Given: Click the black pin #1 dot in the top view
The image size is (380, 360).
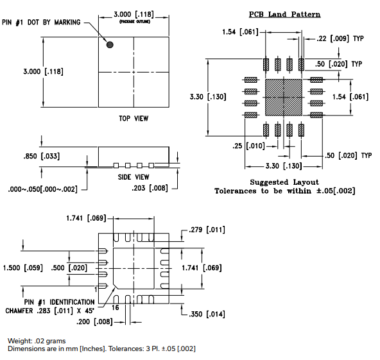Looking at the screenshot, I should click(110, 45).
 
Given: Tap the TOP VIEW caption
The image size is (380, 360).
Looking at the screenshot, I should click(134, 118).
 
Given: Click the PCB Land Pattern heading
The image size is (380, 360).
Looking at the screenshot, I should click(284, 14).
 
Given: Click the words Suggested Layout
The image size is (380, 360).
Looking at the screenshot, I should click(284, 182).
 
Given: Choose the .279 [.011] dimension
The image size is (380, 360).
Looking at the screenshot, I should click(204, 229).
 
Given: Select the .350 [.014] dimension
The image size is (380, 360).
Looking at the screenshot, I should click(207, 314).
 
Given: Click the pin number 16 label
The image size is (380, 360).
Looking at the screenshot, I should click(116, 308).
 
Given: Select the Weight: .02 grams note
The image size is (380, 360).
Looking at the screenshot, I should click(36, 340).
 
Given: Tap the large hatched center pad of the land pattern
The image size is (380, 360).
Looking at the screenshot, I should click(283, 97).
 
